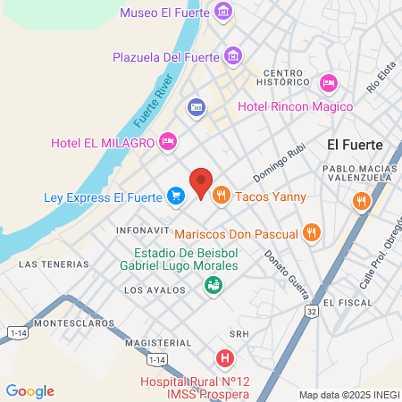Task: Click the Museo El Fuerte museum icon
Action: pos(223,13)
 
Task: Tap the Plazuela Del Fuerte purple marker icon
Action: pos(233,57)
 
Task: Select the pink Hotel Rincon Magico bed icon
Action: pos(328,83)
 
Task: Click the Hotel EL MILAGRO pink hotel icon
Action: pos(167,141)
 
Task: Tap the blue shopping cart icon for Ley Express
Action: pos(175,196)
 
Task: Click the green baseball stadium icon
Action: pos(214,285)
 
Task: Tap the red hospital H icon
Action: pos(225,359)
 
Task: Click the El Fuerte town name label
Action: pos(355,144)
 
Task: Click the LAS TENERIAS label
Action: pos(54,264)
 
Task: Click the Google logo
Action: pos(30,390)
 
